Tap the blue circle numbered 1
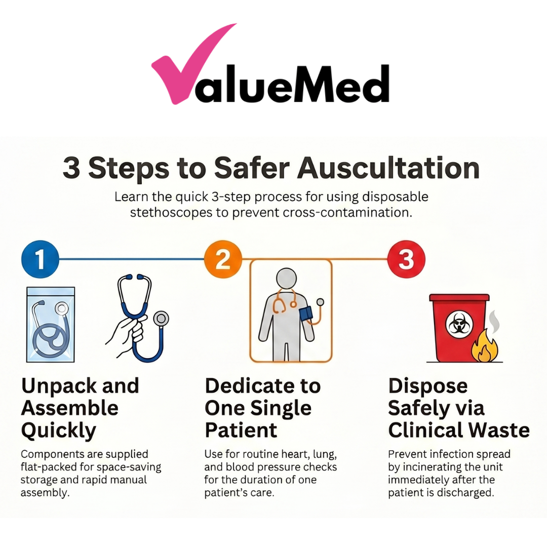[x=40, y=260]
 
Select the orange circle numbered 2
[x=222, y=260]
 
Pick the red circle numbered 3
[x=406, y=260]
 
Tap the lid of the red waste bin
[x=459, y=298]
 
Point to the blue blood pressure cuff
[x=306, y=314]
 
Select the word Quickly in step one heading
[x=59, y=431]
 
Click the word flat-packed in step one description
[x=47, y=467]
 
